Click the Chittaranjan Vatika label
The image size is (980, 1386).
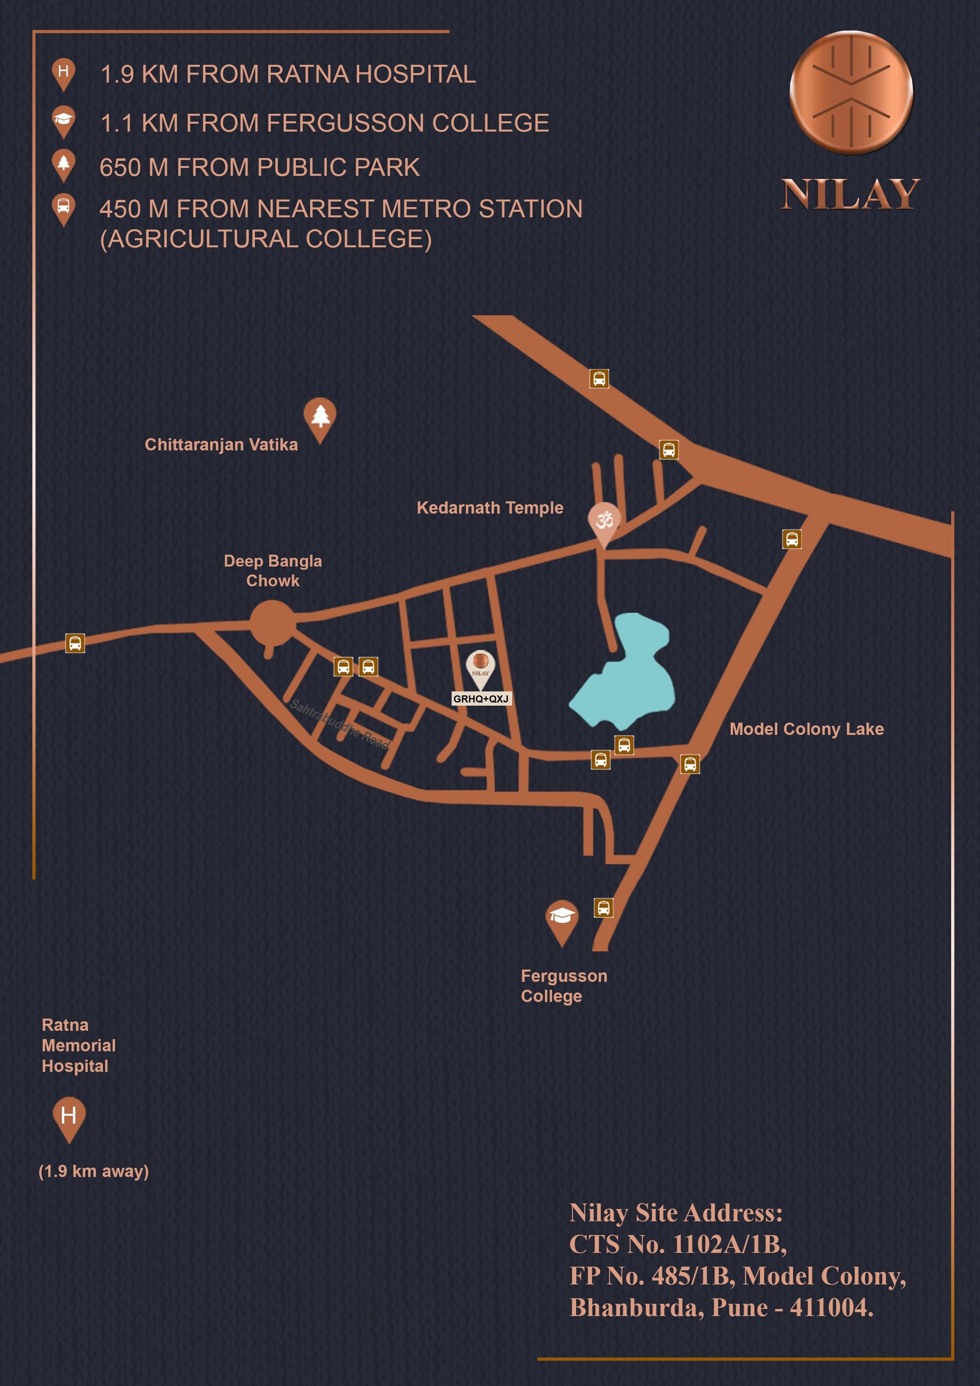(x=221, y=445)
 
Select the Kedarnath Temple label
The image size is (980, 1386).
(x=490, y=508)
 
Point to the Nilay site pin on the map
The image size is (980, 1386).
(x=481, y=667)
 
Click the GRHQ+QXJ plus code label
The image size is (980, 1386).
(x=481, y=699)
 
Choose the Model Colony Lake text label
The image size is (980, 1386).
(x=806, y=729)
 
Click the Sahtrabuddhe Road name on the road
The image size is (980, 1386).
(x=340, y=724)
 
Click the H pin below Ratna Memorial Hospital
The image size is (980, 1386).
(x=69, y=1117)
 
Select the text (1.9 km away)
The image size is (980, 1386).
(x=94, y=1172)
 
